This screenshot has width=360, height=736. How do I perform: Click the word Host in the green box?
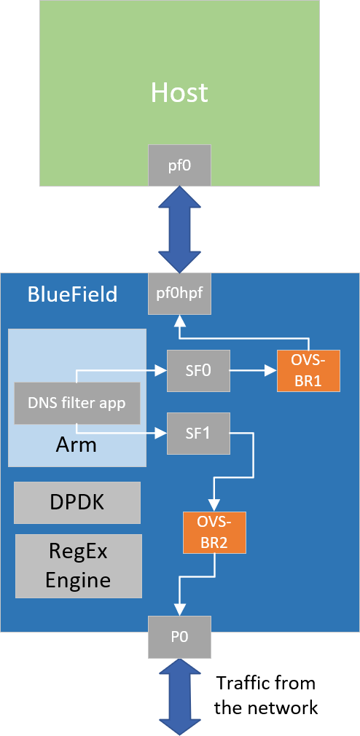[179, 93]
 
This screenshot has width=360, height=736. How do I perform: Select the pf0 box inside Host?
[179, 165]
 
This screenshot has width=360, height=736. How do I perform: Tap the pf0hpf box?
[179, 294]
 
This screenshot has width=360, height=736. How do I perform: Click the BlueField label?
[73, 294]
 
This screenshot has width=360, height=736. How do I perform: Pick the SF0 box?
[198, 370]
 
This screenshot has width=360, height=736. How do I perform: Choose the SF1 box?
[198, 434]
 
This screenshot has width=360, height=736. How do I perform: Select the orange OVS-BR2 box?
[215, 533]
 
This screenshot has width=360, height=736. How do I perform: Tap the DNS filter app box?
[77, 402]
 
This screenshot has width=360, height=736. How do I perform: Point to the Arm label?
[77, 444]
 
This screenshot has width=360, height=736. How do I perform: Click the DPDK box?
[77, 502]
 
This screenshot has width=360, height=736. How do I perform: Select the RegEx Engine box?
[77, 565]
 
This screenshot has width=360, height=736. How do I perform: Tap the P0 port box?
[179, 636]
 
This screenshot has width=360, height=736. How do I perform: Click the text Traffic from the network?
[266, 695]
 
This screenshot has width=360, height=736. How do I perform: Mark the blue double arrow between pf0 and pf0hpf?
[179, 229]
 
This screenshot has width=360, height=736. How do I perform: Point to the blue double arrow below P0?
[179, 696]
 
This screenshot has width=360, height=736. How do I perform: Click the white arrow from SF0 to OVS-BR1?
[252, 370]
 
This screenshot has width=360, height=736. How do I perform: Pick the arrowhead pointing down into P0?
[179, 609]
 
